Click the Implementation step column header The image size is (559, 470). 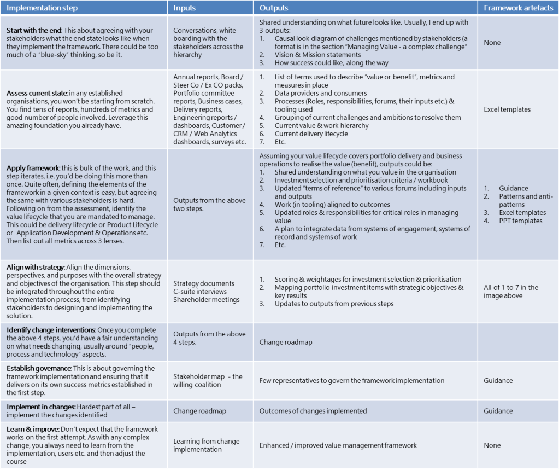[x=42, y=8]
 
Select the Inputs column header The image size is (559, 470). [x=185, y=8]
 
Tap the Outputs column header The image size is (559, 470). [x=274, y=8]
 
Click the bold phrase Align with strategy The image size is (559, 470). [x=34, y=267]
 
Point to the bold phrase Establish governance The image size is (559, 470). [x=38, y=368]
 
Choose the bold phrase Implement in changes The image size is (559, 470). [x=40, y=407]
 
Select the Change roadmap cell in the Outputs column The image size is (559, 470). [x=286, y=342]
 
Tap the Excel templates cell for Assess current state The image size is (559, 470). [x=507, y=109]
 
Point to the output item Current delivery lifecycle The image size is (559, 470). [x=311, y=134]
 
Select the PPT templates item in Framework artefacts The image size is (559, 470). [x=520, y=221]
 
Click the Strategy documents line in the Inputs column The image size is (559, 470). [x=203, y=283]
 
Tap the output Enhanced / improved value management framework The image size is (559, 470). [x=338, y=445]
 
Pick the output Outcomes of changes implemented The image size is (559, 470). [x=313, y=411]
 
